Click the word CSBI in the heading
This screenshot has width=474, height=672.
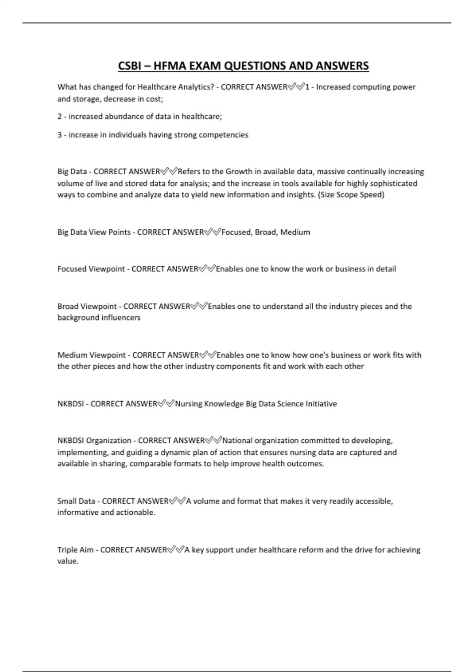point(130,66)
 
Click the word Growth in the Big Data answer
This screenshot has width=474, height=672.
point(239,172)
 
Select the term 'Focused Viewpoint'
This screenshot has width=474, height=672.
point(91,269)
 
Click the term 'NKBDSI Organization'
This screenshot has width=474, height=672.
point(94,441)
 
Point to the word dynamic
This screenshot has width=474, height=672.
point(176,452)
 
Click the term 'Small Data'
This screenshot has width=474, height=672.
point(76,501)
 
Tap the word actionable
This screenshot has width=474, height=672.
point(135,513)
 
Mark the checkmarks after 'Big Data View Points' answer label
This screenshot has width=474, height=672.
point(213,232)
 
